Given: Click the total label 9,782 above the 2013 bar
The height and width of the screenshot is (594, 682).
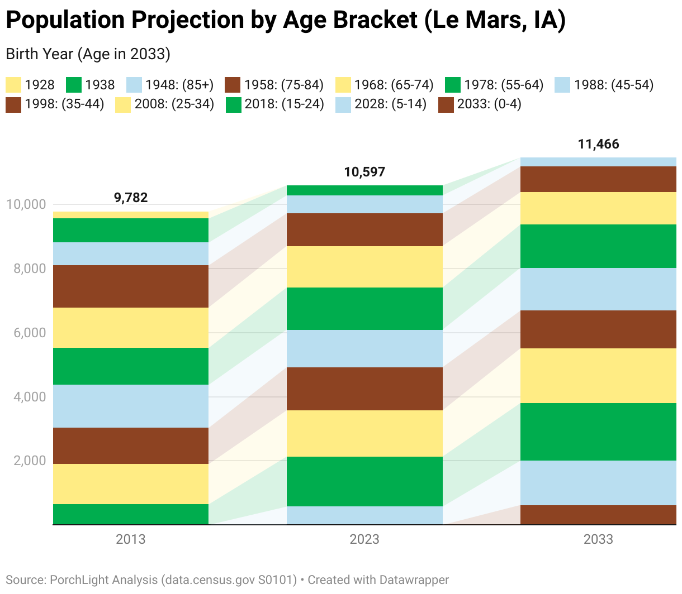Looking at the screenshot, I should click(131, 198).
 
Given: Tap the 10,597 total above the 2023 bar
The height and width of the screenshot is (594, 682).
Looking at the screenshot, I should click(364, 172).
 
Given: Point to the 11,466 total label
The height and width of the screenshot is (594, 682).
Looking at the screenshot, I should click(598, 145).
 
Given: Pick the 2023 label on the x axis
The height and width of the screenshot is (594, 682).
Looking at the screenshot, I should click(364, 539).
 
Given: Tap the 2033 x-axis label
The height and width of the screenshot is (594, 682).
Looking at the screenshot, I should click(598, 539).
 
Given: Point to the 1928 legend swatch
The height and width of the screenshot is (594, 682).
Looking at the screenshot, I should click(13, 85).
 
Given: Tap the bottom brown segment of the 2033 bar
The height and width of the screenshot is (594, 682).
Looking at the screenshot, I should click(598, 515).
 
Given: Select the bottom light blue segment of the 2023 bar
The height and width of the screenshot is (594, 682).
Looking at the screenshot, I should click(364, 515).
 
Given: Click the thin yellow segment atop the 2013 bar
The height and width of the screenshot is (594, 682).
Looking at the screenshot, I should click(131, 215).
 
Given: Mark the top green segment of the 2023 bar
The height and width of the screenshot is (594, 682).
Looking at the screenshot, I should click(364, 190).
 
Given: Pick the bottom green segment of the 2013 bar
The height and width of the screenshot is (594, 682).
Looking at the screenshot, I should click(131, 514).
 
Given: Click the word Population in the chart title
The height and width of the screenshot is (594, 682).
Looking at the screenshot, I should click(65, 21).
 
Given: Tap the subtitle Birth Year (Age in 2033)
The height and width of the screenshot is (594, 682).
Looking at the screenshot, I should click(88, 54).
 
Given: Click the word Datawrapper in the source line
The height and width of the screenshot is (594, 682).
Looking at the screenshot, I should click(414, 580).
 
